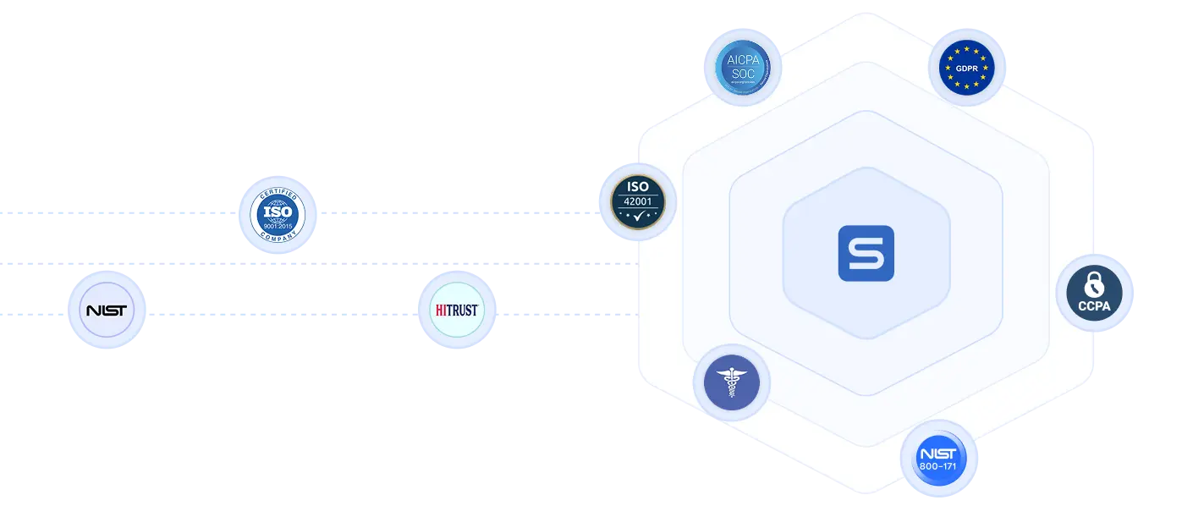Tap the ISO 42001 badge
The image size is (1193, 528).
pos(637,201)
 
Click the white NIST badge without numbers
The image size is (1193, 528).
pos(107,311)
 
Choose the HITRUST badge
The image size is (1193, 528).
pos(458,310)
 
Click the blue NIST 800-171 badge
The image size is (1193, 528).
pos(937,459)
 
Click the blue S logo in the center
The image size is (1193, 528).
pos(866,253)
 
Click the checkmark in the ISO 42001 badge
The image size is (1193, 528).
pos(639,217)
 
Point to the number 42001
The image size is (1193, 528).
pos(637,202)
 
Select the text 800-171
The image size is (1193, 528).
pos(937,466)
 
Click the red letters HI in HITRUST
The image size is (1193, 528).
pos(442,310)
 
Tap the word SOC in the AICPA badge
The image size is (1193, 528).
pos(741,74)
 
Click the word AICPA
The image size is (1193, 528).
pos(741,60)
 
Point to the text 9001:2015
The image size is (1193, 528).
pos(278,226)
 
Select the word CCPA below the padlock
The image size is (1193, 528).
pos(1094,306)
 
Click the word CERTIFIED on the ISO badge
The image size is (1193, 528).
pos(278,191)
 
